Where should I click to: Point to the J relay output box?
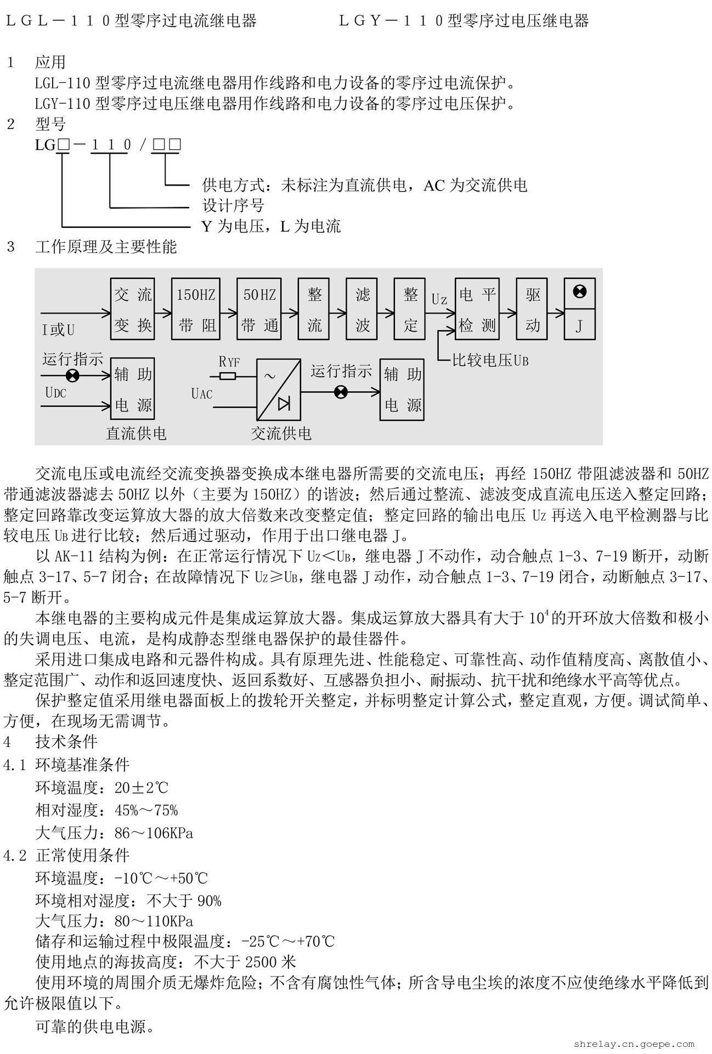coord(579,327)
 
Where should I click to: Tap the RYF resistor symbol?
coord(227,376)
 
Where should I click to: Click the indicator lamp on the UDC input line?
coord(72,376)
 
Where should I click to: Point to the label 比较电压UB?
coord(490,361)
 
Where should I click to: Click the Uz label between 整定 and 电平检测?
coord(439,300)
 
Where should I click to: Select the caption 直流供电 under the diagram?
coord(135,433)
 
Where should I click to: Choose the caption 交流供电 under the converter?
coord(281,434)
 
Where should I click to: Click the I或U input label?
coord(58,330)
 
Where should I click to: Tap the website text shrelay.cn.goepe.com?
coord(634,1044)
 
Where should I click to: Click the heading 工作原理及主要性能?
coord(106,247)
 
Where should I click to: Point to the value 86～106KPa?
coord(154,833)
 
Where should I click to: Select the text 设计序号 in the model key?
coord(233,206)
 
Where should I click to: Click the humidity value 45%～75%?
coord(146,810)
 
